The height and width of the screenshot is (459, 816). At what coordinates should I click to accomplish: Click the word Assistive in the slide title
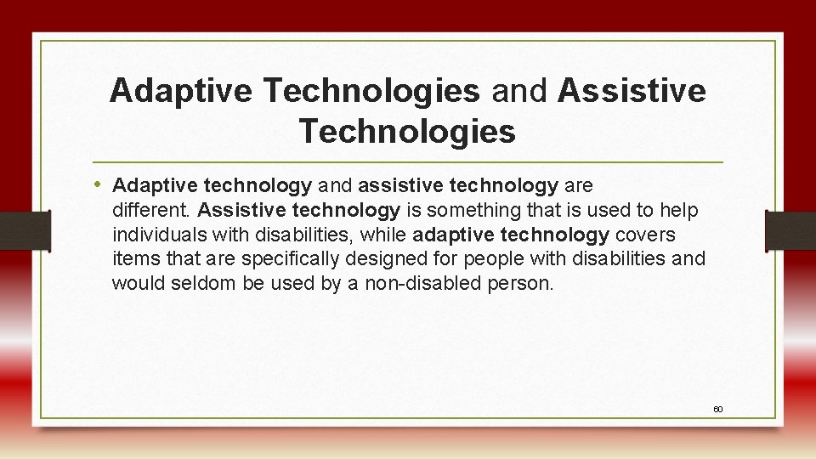[632, 91]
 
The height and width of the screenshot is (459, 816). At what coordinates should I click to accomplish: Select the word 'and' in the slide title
[518, 91]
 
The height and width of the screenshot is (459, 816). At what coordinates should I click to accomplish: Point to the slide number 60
[717, 410]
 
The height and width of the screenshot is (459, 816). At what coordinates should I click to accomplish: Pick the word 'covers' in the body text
[645, 235]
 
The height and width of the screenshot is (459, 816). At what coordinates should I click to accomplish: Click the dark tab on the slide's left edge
[24, 230]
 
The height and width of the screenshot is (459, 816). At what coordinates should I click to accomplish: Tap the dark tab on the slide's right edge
[790, 230]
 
